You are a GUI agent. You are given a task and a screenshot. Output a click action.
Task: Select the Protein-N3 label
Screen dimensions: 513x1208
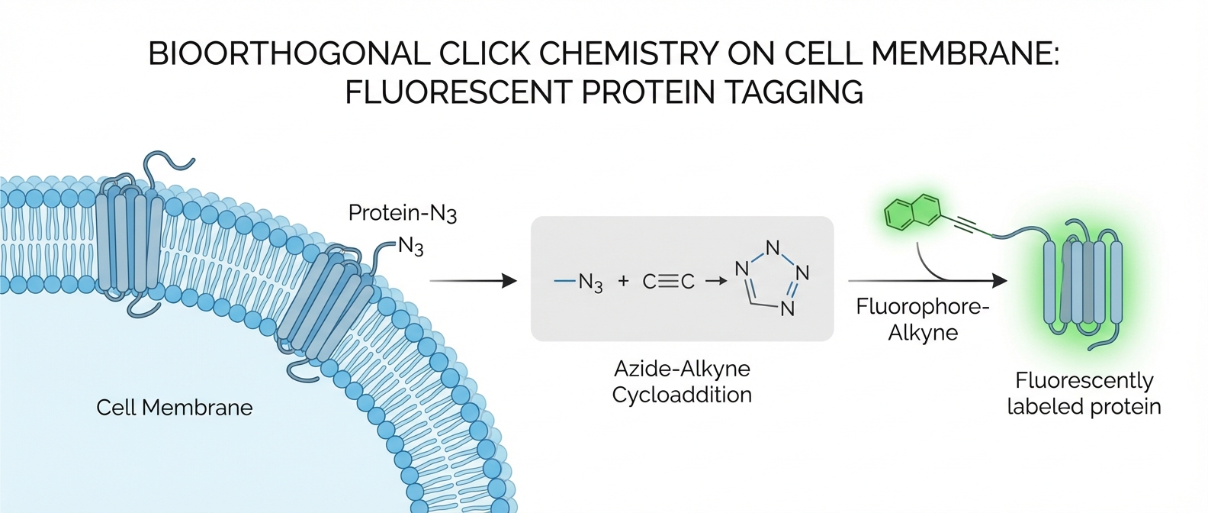click(402, 213)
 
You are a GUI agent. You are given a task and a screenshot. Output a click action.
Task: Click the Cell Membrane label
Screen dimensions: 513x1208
click(174, 408)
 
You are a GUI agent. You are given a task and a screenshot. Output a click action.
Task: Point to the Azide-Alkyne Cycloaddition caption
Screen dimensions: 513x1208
click(682, 382)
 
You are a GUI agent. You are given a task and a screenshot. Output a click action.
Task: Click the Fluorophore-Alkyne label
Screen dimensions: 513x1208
click(922, 320)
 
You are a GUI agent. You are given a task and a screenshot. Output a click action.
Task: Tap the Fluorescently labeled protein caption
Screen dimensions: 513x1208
click(1084, 393)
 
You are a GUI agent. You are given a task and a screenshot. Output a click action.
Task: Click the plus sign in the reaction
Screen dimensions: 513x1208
click(624, 282)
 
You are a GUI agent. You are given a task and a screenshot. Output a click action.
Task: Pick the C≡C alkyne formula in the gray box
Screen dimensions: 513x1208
click(669, 282)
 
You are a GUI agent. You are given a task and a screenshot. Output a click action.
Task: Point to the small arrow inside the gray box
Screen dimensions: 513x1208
click(715, 282)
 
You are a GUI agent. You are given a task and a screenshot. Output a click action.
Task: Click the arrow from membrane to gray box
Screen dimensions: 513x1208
click(473, 281)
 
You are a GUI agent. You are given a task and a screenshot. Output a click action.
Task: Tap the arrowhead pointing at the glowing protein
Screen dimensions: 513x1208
click(999, 281)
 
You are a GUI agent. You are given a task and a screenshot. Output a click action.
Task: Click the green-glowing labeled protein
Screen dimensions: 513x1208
click(1082, 282)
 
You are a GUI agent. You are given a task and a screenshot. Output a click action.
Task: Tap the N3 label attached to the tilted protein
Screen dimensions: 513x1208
click(410, 247)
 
